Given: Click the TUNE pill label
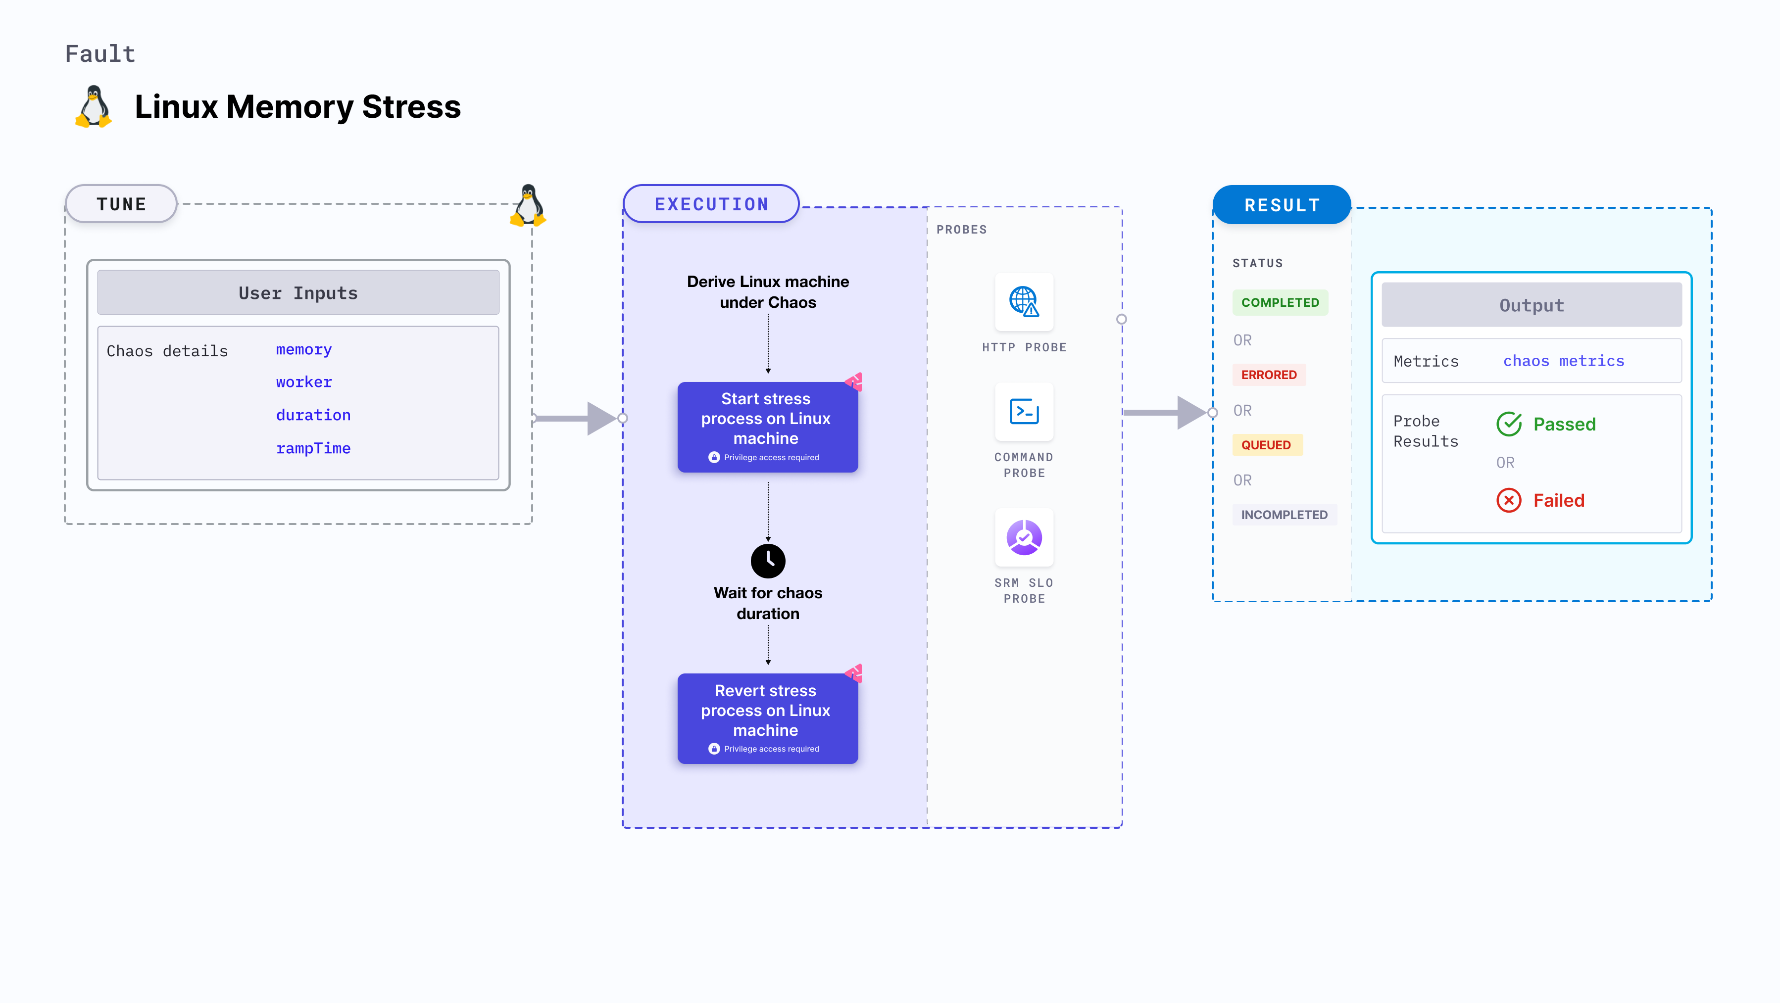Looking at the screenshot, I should pos(122,204).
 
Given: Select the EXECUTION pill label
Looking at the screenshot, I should pos(711,204).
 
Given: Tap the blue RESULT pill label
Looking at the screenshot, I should pos(1282,205).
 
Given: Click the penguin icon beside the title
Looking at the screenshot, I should pos(94,107).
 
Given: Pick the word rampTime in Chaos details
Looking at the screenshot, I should pos(313,448).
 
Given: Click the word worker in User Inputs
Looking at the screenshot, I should pos(304,382).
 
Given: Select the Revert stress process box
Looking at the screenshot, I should pos(767,718).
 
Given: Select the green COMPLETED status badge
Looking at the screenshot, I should pos(1280,302).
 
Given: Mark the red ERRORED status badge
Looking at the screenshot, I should pos(1269,375).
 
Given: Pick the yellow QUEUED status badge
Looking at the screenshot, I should pos(1266,445).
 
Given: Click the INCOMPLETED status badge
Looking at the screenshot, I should pos(1284,515).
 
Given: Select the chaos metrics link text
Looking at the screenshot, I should pos(1563,361).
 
